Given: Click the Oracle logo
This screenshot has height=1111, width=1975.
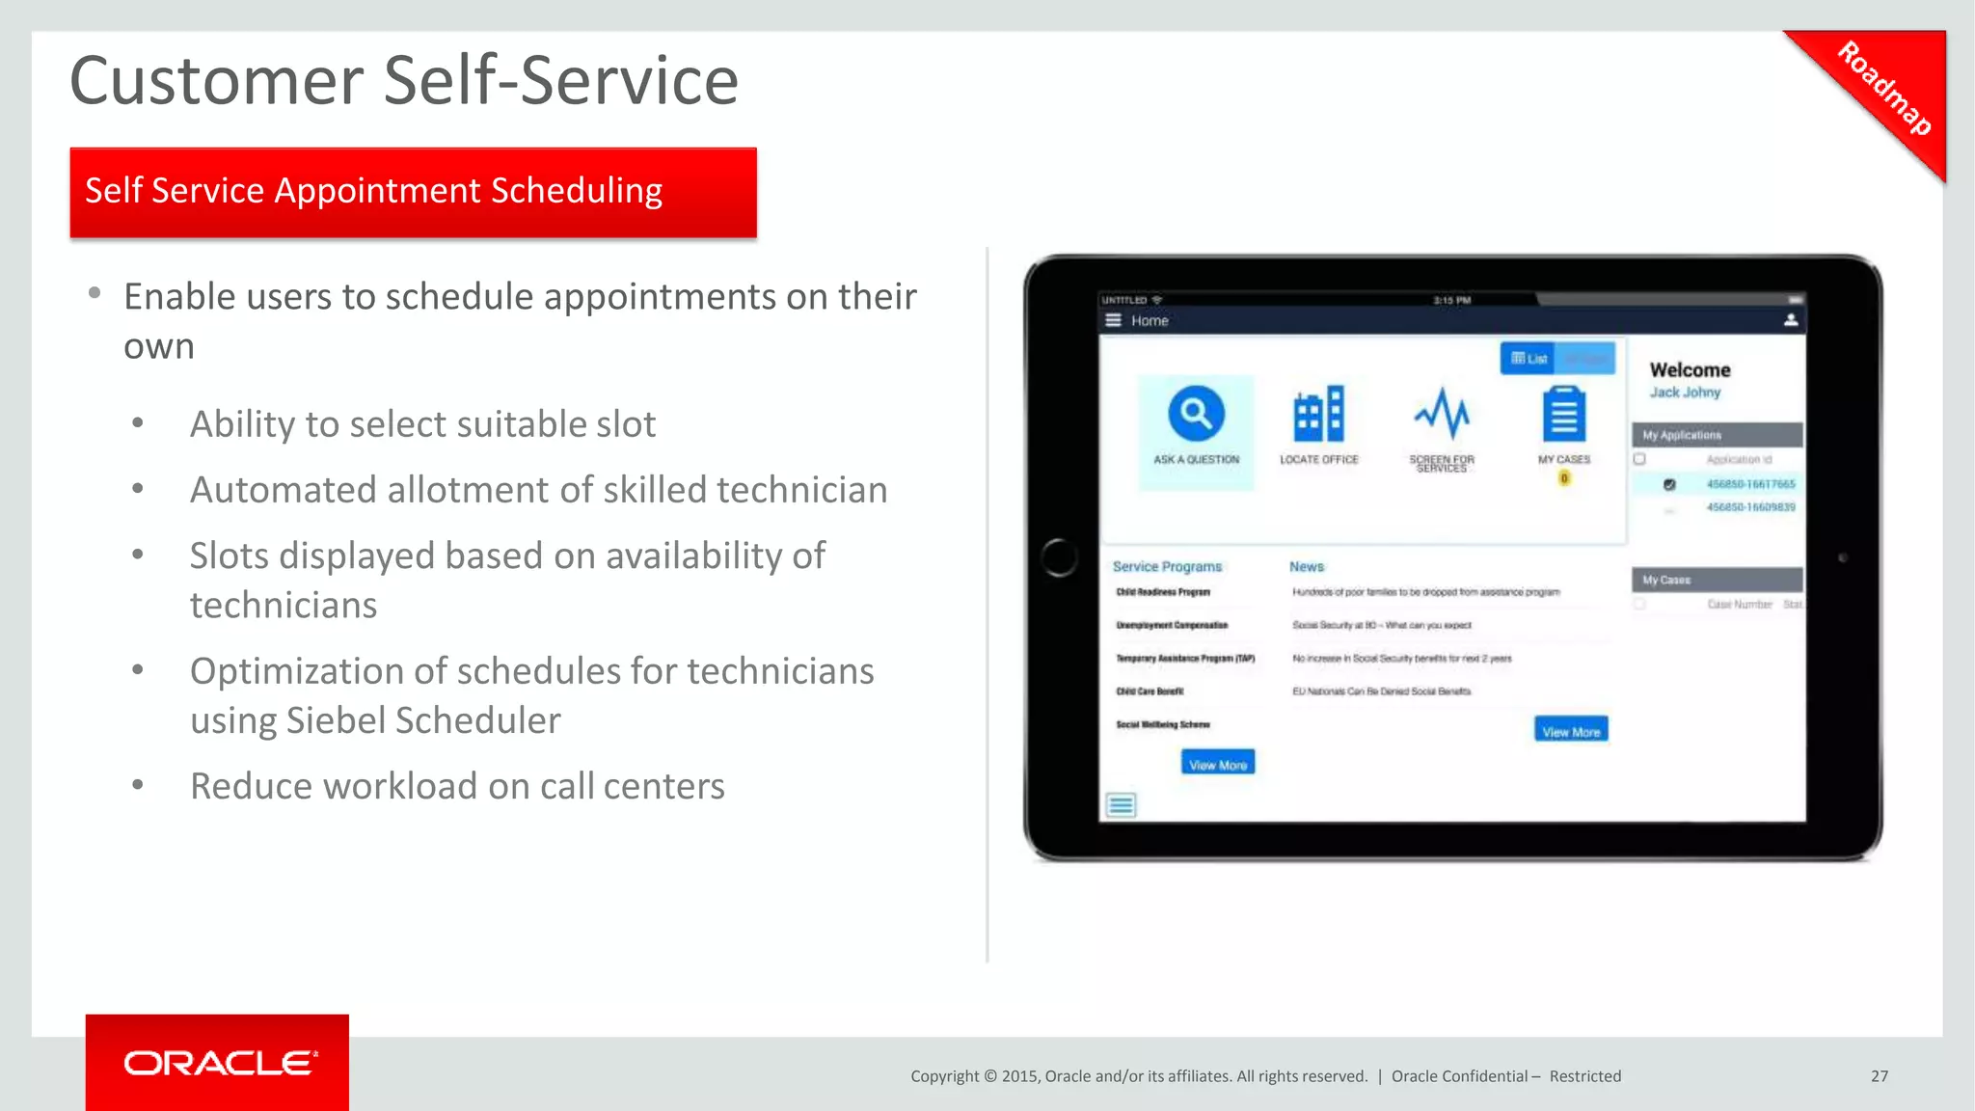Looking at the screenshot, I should tap(219, 1063).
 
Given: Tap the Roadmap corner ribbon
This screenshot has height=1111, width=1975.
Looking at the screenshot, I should tap(1884, 89).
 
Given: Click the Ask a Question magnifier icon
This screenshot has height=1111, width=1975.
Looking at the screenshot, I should tap(1196, 414).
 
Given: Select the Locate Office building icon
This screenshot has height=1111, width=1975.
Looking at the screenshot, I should tap(1318, 415).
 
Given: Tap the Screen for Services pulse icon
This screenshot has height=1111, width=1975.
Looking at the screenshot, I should tap(1442, 414).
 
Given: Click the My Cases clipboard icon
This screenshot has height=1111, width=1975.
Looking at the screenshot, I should tap(1563, 414).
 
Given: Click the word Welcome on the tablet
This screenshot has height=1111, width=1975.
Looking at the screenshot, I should tap(1690, 370).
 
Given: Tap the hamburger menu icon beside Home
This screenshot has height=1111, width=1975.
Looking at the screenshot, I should tap(1113, 320).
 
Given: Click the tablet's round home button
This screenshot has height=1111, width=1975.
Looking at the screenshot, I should tap(1059, 557).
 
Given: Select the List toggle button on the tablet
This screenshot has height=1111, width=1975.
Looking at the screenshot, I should tap(1529, 359).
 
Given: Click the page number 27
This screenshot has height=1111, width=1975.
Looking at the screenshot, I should tap(1880, 1076).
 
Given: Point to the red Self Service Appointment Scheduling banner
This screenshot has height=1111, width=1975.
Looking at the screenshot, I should tap(413, 192).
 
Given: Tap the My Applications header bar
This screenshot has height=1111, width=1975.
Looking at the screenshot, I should tap(1717, 435).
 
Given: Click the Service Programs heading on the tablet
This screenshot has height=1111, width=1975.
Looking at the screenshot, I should tap(1167, 567).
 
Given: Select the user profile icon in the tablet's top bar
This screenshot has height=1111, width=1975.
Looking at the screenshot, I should tap(1790, 320).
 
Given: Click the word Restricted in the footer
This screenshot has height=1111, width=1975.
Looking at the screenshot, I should tap(1584, 1076).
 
